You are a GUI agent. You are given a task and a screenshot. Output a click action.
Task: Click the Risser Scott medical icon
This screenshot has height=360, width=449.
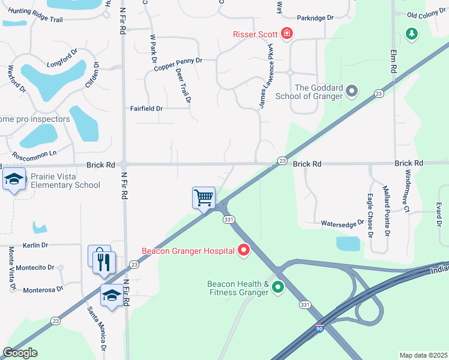287,34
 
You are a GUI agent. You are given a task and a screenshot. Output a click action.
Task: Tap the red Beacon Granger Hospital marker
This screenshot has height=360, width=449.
244,250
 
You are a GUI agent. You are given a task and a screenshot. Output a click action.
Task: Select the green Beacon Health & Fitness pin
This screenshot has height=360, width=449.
277,288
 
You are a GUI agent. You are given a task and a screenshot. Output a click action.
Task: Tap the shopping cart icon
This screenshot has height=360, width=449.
203,197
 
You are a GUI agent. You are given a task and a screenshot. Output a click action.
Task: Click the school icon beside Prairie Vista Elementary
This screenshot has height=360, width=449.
14,179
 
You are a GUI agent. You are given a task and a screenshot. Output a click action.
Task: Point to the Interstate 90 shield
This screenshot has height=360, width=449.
319,329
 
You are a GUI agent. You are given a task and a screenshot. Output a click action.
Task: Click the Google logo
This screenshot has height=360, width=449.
20,353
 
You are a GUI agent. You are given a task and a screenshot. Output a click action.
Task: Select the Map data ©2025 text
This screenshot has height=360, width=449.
423,355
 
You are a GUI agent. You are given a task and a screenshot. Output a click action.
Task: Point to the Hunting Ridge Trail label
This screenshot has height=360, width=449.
32,20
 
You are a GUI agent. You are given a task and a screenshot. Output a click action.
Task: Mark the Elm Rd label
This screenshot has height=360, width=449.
394,61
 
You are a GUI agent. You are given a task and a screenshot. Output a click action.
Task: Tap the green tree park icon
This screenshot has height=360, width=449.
411,33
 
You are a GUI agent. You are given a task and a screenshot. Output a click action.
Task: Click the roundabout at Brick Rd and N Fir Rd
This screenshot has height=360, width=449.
124,164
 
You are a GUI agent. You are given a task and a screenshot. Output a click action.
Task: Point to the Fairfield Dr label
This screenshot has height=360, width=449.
146,109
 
